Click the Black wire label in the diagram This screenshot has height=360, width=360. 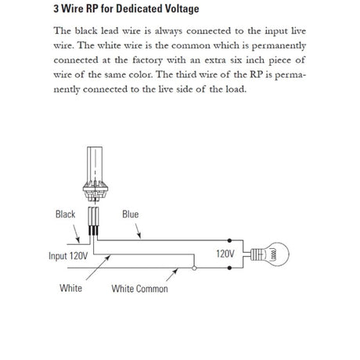click(66, 214)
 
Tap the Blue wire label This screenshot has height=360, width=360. click(130, 214)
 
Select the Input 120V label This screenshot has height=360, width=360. click(67, 256)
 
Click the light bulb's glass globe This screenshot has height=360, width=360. click(275, 254)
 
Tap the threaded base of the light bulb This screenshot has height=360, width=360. click(254, 254)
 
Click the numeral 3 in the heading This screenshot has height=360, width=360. click(56, 9)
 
